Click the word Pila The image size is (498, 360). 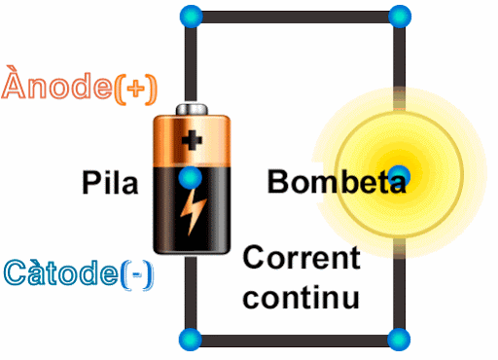pos(110,182)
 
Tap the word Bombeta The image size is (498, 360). pos(336,182)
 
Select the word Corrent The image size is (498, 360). pos(301,259)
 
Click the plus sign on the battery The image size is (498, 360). pos(193,141)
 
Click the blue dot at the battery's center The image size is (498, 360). pos(192,177)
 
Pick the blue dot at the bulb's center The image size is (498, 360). pos(400,175)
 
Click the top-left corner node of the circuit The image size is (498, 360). pos(192,17)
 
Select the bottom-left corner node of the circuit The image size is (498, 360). pos(192,340)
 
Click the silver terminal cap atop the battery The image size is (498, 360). pos(193,110)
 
